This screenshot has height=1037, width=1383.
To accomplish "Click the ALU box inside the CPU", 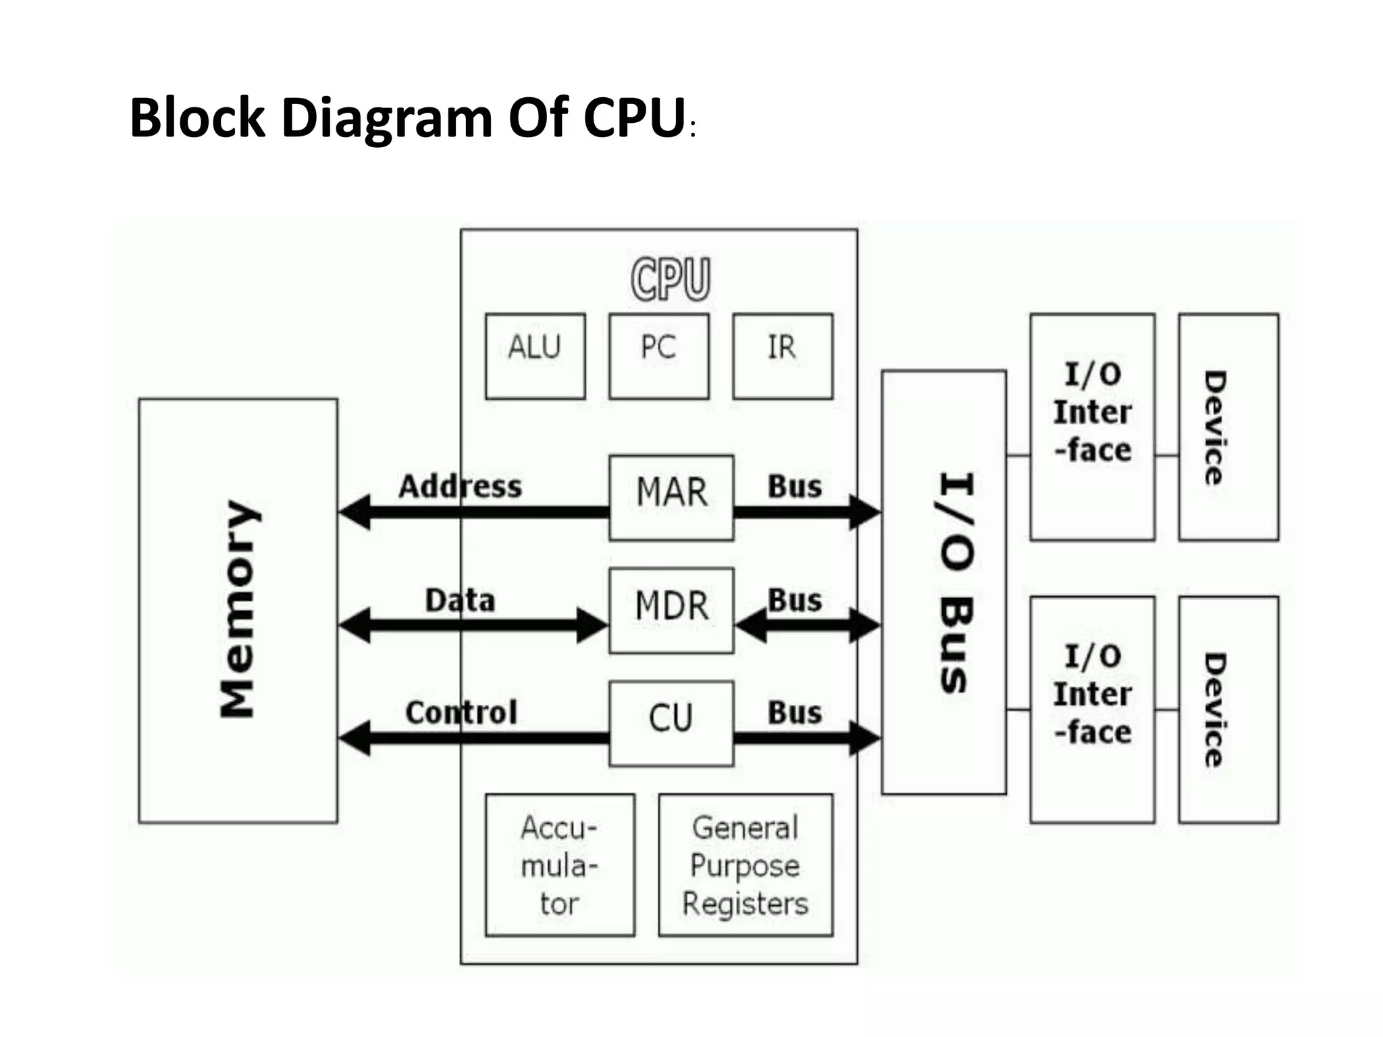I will pos(535,356).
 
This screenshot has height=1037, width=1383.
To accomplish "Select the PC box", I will pos(659,356).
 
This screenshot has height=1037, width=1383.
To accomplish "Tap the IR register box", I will pos(783,356).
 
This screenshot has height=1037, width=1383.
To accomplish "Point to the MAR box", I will pos(671,498).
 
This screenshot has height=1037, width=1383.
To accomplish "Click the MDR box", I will pos(671,610).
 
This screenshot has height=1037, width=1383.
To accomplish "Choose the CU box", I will pos(671,723).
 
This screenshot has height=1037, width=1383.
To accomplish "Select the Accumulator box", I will pos(560,865).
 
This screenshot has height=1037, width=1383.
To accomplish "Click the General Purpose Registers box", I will pos(746,865).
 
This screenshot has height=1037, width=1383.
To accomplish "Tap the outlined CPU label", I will pos(671,278).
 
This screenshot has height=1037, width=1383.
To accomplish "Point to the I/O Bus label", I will pos(956,582).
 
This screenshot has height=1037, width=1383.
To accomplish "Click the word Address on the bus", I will pos(460,486).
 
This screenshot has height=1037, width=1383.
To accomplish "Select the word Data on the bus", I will pos(460,600).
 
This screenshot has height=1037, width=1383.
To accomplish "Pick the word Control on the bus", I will pos(461,712).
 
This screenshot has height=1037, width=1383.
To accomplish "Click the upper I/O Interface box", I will pos(1092,427).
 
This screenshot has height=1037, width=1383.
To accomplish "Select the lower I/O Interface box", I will pos(1092,709).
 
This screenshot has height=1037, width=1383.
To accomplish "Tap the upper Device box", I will pos(1228,427).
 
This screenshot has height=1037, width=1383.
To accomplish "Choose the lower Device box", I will pos(1228,709).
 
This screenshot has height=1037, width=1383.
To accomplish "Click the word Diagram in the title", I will pos(386,118).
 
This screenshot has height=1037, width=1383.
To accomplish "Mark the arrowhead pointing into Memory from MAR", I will pos(355,512).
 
